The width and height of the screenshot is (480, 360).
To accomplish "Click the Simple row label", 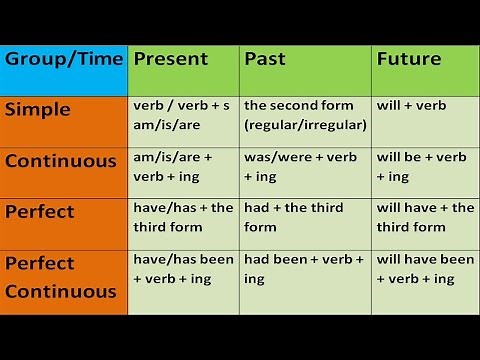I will coord(64,119).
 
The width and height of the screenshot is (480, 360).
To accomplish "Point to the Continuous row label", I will coord(64,169).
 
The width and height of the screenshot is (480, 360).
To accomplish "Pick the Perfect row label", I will coord(64,219).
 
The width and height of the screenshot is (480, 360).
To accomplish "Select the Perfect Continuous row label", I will coord(64,279).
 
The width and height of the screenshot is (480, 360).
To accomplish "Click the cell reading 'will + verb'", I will coord(425,119).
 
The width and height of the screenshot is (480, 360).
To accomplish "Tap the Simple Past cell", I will coord(305,119).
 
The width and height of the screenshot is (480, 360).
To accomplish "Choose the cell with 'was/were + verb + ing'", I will coord(305,169).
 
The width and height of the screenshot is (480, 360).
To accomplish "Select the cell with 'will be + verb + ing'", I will coord(425,169).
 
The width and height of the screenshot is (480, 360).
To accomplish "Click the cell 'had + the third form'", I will coord(305,219).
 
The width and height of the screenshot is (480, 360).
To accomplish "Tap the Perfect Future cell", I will coord(425,219).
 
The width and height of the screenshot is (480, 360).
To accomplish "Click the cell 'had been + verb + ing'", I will coord(305,279).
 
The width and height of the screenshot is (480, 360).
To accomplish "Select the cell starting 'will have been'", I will coord(425,279).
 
